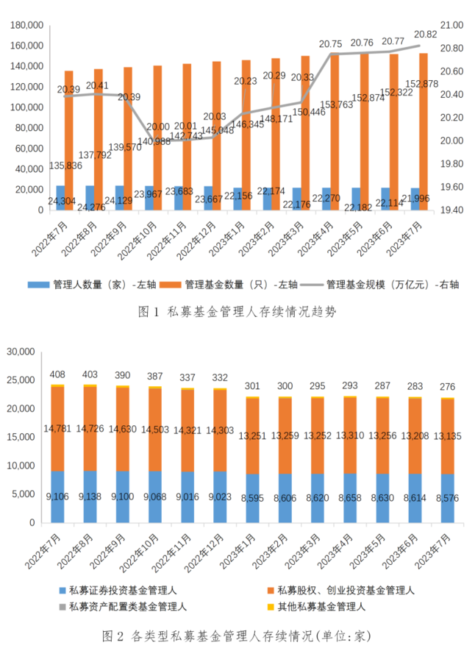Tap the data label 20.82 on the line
(425, 35)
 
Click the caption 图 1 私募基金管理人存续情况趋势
(237, 311)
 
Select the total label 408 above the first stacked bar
(57, 374)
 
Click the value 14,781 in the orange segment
(57, 428)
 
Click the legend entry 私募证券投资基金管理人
(122, 590)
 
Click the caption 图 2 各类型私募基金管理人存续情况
(237, 635)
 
